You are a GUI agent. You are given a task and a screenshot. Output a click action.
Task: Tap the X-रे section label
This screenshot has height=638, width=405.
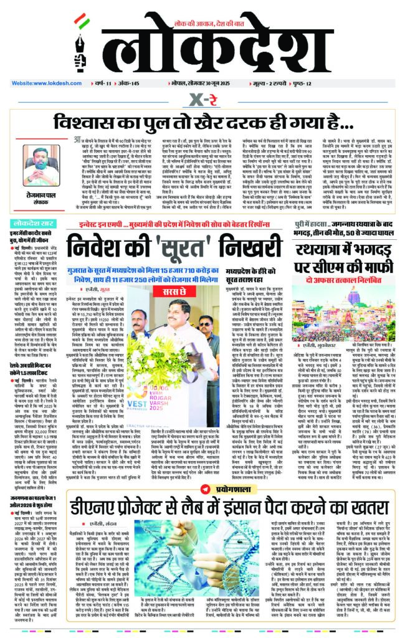(x=202, y=99)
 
